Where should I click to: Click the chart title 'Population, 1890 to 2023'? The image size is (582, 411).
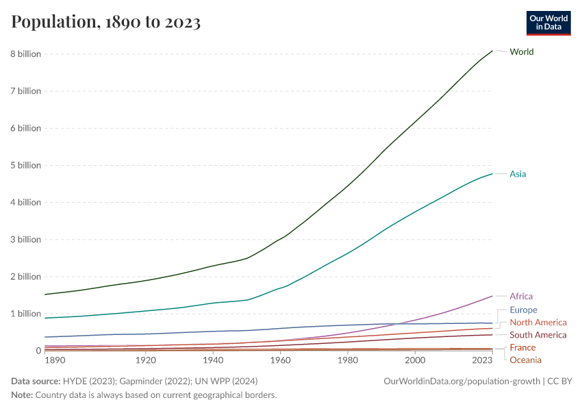point(106,23)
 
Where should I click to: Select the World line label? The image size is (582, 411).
point(521,52)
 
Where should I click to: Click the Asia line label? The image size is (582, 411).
point(518,174)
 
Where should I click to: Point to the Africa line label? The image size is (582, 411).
point(521,297)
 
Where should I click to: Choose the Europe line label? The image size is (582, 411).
point(523,310)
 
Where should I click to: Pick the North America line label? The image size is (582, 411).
point(538,323)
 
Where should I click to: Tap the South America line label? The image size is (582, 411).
point(538,335)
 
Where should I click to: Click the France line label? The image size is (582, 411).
point(522,348)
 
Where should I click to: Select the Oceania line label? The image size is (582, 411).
point(525,360)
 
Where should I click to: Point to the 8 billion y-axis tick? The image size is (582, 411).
point(25,54)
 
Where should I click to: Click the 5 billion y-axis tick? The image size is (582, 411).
point(25,165)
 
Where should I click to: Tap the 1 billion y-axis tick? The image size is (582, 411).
point(25,314)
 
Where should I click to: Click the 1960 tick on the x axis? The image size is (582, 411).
point(280,360)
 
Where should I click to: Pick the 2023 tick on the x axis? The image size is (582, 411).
point(482,360)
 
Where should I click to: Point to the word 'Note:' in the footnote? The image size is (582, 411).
point(23,395)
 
